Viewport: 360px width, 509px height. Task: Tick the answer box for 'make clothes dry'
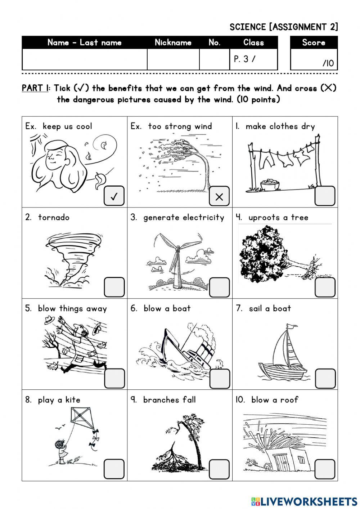coord(325,196)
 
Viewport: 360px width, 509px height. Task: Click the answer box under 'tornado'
coord(114,287)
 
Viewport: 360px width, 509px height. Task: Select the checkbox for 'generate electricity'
coord(219,287)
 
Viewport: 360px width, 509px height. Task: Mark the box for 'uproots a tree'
coord(325,287)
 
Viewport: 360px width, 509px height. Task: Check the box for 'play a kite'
coord(114,469)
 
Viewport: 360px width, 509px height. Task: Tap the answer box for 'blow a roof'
coord(325,469)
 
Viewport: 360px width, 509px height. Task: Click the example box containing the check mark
coord(114,196)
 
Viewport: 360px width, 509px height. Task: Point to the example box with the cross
coord(219,196)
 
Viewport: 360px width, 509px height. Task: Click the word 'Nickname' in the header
coord(173,43)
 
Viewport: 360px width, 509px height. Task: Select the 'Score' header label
coord(314,43)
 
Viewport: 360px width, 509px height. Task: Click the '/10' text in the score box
coord(328,64)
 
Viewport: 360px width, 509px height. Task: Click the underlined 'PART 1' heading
coord(35,88)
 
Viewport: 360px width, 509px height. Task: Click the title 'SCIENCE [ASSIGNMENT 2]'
coord(284,27)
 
